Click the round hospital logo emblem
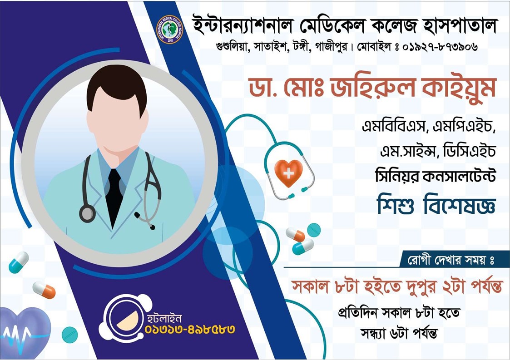tap(169, 30)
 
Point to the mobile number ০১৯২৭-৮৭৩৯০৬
tap(440, 48)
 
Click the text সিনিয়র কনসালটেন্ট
tap(435, 176)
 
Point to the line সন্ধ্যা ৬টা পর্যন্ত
tap(399, 333)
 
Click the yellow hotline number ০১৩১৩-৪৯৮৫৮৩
tap(190, 330)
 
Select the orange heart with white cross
tap(288, 172)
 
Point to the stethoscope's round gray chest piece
tap(88, 214)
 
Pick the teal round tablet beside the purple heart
tap(69, 335)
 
